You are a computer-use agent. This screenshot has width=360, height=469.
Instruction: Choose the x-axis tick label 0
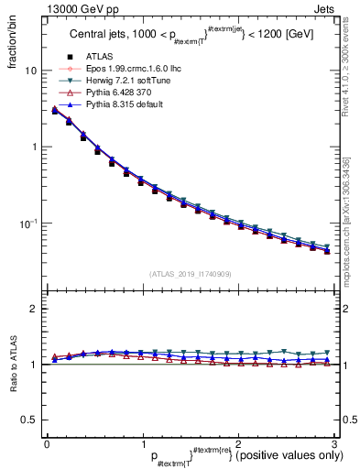(x=47, y=444)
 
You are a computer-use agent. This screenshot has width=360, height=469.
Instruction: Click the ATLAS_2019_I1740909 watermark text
(x=190, y=274)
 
